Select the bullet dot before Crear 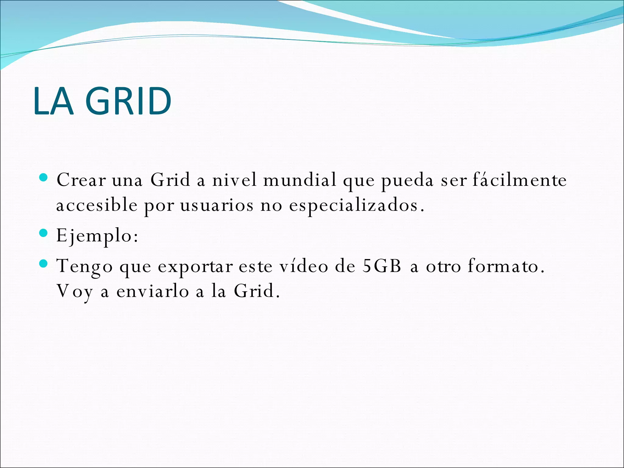tap(44, 178)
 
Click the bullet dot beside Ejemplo tap(44, 234)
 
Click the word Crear tap(81, 180)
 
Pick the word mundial tap(300, 180)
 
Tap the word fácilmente tap(519, 180)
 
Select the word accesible tap(97, 205)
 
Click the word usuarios tap(217, 205)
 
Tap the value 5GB tap(382, 266)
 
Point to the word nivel tap(235, 180)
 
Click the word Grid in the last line tap(254, 291)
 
